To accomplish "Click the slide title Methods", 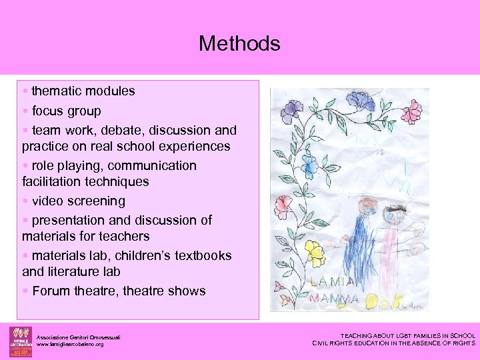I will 239,44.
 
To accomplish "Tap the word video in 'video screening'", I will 47,201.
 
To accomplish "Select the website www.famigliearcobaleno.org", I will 70,345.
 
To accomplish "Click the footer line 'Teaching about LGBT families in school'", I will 408,336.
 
